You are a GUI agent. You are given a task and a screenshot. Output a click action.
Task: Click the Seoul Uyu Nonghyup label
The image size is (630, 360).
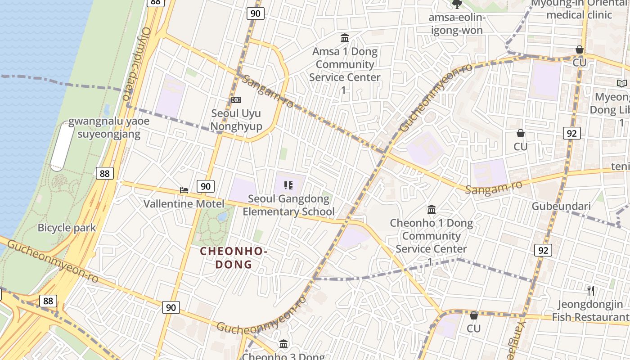click(x=236, y=120)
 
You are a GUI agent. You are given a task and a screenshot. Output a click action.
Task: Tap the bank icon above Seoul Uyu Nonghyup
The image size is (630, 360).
click(x=236, y=99)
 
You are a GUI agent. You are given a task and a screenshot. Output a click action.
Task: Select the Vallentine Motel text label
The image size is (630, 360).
click(x=184, y=204)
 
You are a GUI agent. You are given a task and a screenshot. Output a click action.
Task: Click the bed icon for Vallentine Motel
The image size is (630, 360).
click(x=184, y=190)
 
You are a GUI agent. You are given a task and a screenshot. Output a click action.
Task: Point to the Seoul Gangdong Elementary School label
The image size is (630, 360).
click(x=289, y=205)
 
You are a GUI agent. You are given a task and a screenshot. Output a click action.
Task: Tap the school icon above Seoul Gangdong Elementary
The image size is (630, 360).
click(x=289, y=185)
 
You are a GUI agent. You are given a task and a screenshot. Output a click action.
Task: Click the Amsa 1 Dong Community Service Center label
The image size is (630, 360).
click(x=345, y=64)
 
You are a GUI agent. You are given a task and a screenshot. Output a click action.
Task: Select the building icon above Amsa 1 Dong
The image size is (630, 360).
click(x=345, y=38)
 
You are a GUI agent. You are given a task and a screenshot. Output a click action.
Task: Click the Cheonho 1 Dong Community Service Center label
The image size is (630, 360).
click(x=431, y=236)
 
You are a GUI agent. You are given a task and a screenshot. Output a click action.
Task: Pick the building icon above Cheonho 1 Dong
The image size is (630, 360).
click(x=432, y=209)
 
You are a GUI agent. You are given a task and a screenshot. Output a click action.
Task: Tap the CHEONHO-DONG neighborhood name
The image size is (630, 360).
click(x=234, y=257)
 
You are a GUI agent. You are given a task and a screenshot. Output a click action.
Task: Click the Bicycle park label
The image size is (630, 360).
click(x=67, y=228)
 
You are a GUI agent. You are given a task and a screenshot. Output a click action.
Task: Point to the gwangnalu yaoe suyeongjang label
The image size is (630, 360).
click(x=108, y=128)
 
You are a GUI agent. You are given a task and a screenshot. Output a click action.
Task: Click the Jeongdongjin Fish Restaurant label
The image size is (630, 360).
click(x=590, y=310)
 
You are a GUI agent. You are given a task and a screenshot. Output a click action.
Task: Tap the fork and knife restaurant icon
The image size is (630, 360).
click(x=591, y=291)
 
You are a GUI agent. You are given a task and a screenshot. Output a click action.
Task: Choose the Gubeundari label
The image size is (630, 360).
click(x=561, y=206)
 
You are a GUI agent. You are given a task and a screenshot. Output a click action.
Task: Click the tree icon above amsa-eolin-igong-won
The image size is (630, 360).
click(x=457, y=4)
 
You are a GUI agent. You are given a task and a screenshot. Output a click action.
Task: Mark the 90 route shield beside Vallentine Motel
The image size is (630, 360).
click(x=205, y=186)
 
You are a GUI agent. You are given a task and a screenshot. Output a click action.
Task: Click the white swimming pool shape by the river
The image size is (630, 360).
click(x=62, y=146)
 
